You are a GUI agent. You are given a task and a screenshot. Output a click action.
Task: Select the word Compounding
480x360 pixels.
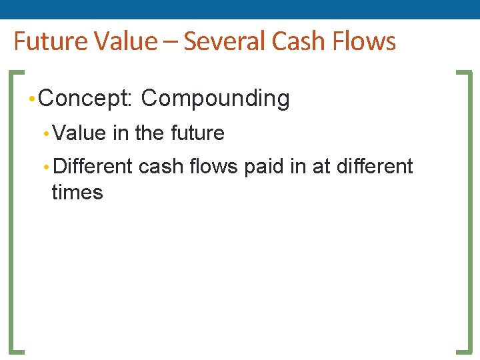[x=215, y=99]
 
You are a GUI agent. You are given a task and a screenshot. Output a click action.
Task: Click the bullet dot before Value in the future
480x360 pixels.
[x=45, y=134]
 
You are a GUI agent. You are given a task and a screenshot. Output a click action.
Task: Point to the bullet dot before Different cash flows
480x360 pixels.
[x=45, y=167]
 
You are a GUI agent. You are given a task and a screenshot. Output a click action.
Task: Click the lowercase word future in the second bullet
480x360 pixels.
[x=197, y=133]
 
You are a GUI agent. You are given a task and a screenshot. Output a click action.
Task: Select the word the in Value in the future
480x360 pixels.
[x=149, y=133]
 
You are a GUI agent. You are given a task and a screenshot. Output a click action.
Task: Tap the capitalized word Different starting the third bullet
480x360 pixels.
[x=92, y=166]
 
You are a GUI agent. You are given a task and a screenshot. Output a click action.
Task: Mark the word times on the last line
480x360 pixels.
[x=77, y=193]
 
